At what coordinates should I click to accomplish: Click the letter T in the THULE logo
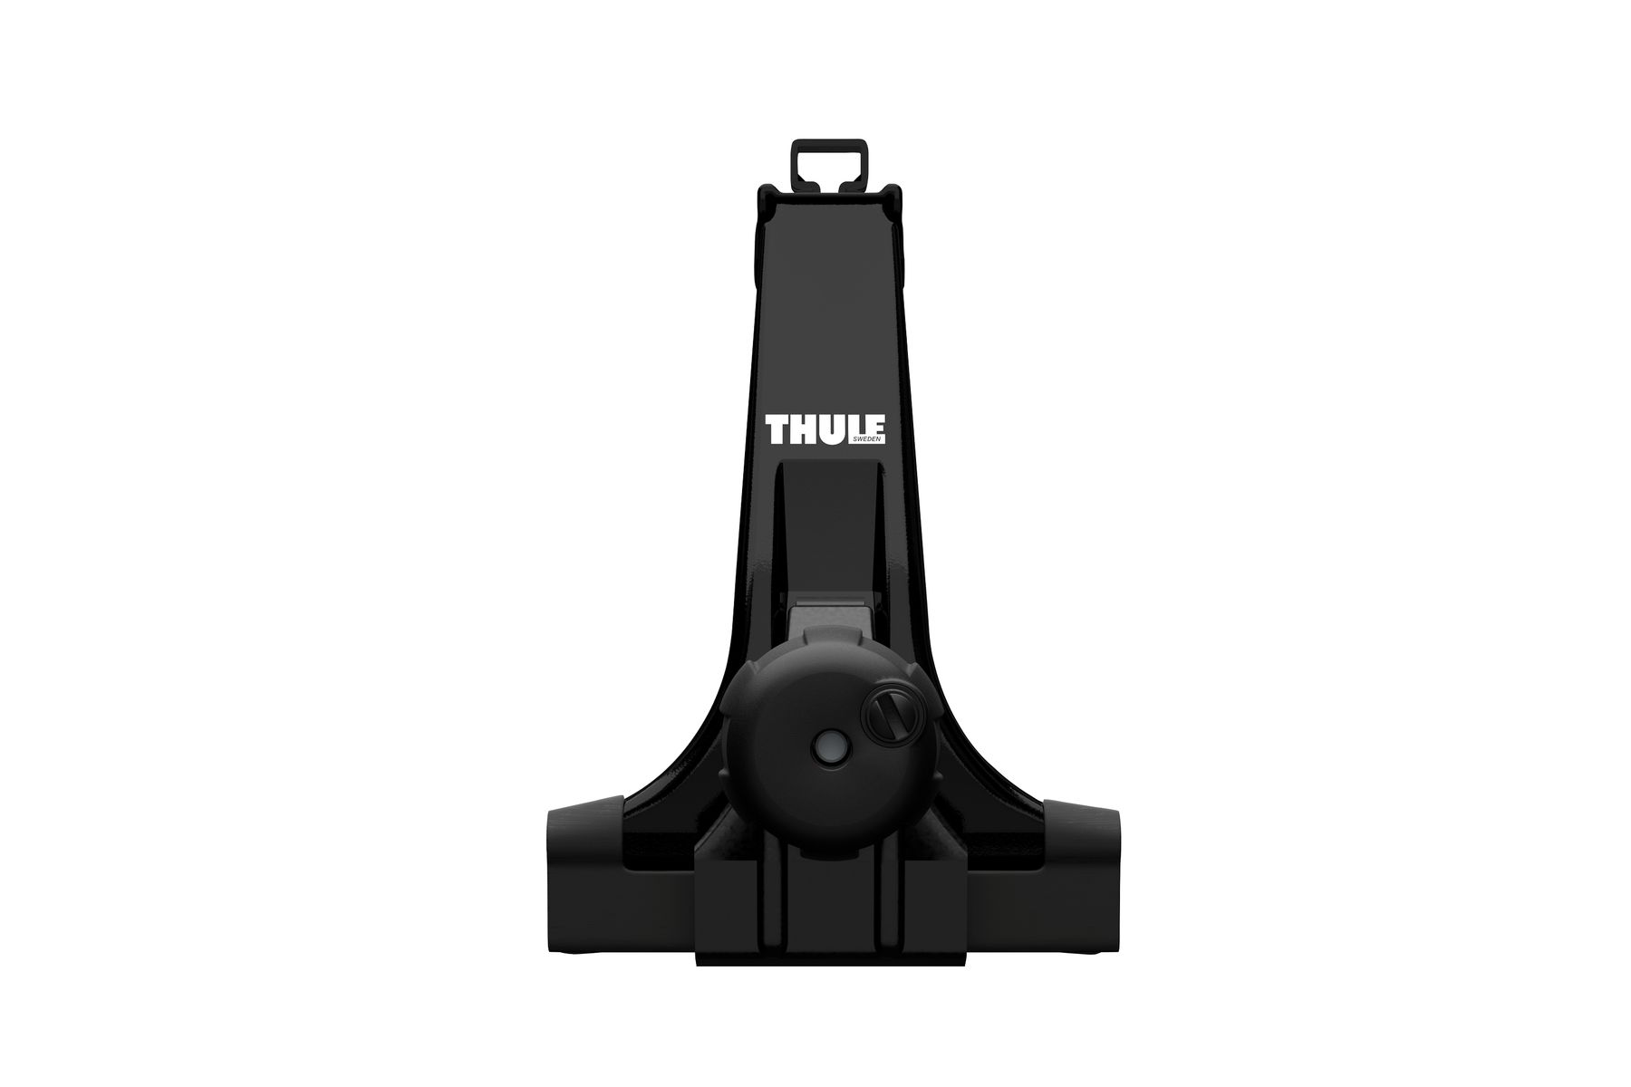tap(778, 430)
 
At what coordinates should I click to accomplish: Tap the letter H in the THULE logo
tap(805, 430)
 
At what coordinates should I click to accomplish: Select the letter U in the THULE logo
tap(833, 430)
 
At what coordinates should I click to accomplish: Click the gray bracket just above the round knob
tap(829, 625)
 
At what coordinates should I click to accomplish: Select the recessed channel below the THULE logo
tap(828, 525)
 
